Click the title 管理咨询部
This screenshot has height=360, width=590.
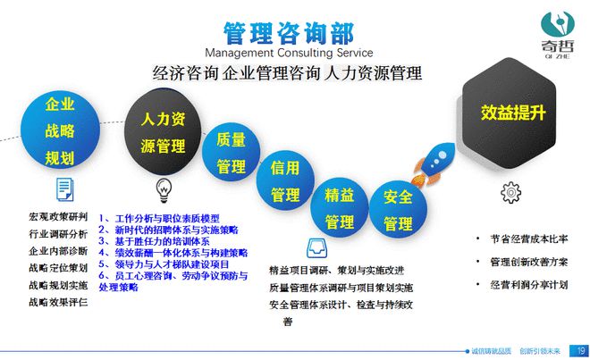pyautogui.click(x=288, y=33)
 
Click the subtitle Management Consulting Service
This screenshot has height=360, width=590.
pyautogui.click(x=288, y=52)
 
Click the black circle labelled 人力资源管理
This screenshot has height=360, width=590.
pyautogui.click(x=162, y=130)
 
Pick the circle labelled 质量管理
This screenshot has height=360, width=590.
pyautogui.click(x=231, y=153)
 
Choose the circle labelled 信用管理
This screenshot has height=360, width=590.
pyautogui.click(x=284, y=180)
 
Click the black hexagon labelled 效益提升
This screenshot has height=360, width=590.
pyautogui.click(x=513, y=113)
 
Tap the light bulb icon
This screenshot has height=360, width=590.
pyautogui.click(x=164, y=188)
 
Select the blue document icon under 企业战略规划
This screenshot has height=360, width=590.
pyautogui.click(x=64, y=188)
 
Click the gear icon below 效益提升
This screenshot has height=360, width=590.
pyautogui.click(x=510, y=190)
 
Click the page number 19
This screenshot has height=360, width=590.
pyautogui.click(x=579, y=350)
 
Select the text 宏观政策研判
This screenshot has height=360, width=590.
pyautogui.click(x=58, y=217)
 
